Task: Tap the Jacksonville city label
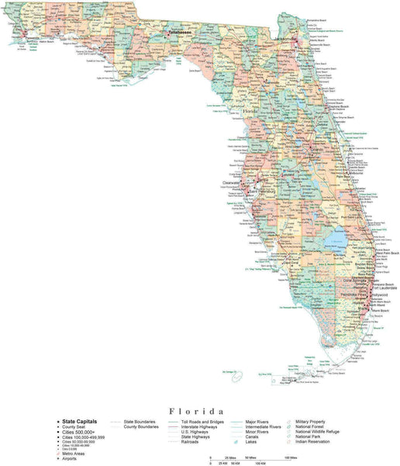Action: tap(286, 39)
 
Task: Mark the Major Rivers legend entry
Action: tap(258, 421)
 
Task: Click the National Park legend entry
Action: tap(311, 436)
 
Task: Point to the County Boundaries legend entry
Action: tap(140, 426)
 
